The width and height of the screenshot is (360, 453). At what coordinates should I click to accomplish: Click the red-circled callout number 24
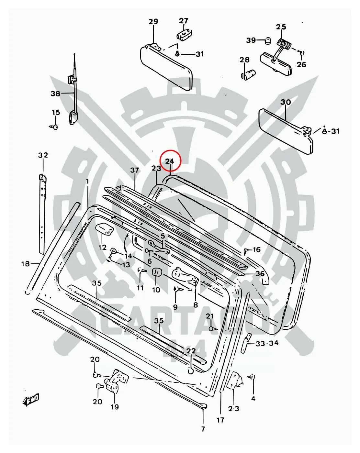pos(170,161)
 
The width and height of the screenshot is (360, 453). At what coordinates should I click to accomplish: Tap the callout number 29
pos(153,22)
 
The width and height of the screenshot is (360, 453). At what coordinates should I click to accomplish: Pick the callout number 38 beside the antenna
pos(55,94)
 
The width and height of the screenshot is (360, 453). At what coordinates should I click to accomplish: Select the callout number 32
pos(43,155)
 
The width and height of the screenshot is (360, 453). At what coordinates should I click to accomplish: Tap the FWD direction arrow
pos(31,400)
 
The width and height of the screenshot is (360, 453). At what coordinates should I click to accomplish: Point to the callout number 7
pos(203,429)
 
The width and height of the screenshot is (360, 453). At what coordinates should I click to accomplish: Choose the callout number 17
pos(220,420)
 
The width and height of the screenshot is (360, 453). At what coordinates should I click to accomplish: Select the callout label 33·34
pos(267,343)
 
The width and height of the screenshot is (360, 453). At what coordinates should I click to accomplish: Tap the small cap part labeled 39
pos(268,40)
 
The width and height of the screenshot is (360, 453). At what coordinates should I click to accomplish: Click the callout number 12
pos(102,248)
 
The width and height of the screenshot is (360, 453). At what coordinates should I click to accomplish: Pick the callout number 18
pos(26,264)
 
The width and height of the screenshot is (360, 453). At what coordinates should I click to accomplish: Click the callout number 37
pos(135,170)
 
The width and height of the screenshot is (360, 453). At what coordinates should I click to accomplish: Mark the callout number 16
pos(256,249)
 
